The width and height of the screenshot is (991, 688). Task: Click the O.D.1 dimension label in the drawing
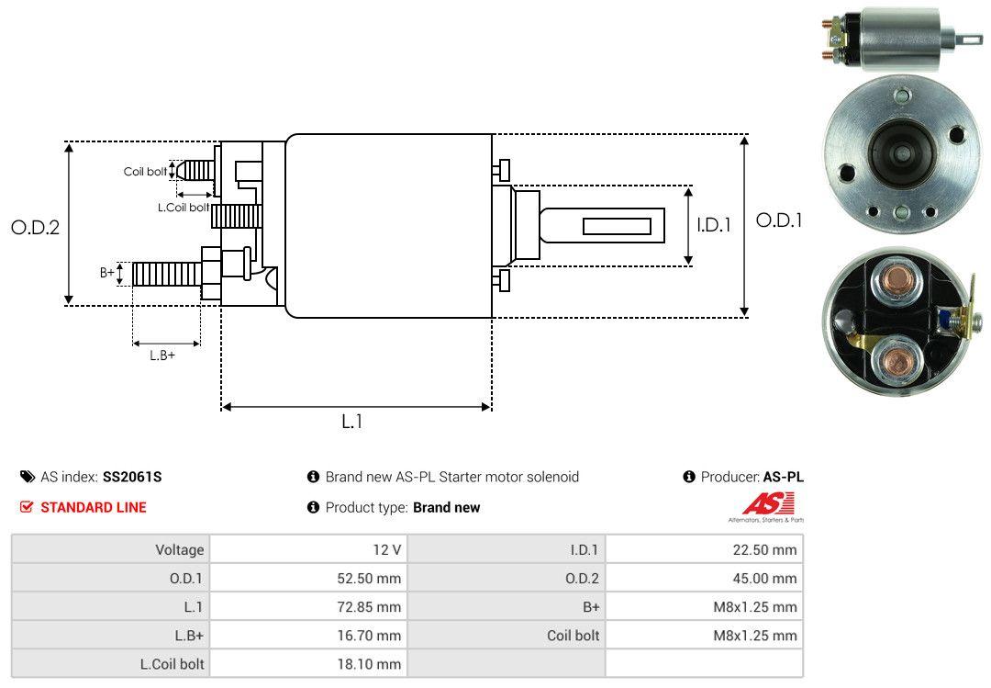[778, 220]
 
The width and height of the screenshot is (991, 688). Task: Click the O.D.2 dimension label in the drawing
[35, 227]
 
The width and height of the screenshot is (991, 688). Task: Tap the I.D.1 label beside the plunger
[713, 224]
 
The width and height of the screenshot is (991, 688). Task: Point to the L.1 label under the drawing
[352, 422]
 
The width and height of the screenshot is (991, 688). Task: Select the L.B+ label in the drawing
[162, 355]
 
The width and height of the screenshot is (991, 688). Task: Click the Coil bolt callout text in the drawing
[145, 172]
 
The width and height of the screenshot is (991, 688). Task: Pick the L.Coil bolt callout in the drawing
[183, 208]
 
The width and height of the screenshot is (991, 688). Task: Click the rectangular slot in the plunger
[617, 226]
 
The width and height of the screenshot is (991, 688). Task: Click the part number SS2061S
[133, 477]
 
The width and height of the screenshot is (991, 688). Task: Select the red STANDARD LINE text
[93, 507]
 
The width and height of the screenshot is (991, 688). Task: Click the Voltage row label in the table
[179, 550]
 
